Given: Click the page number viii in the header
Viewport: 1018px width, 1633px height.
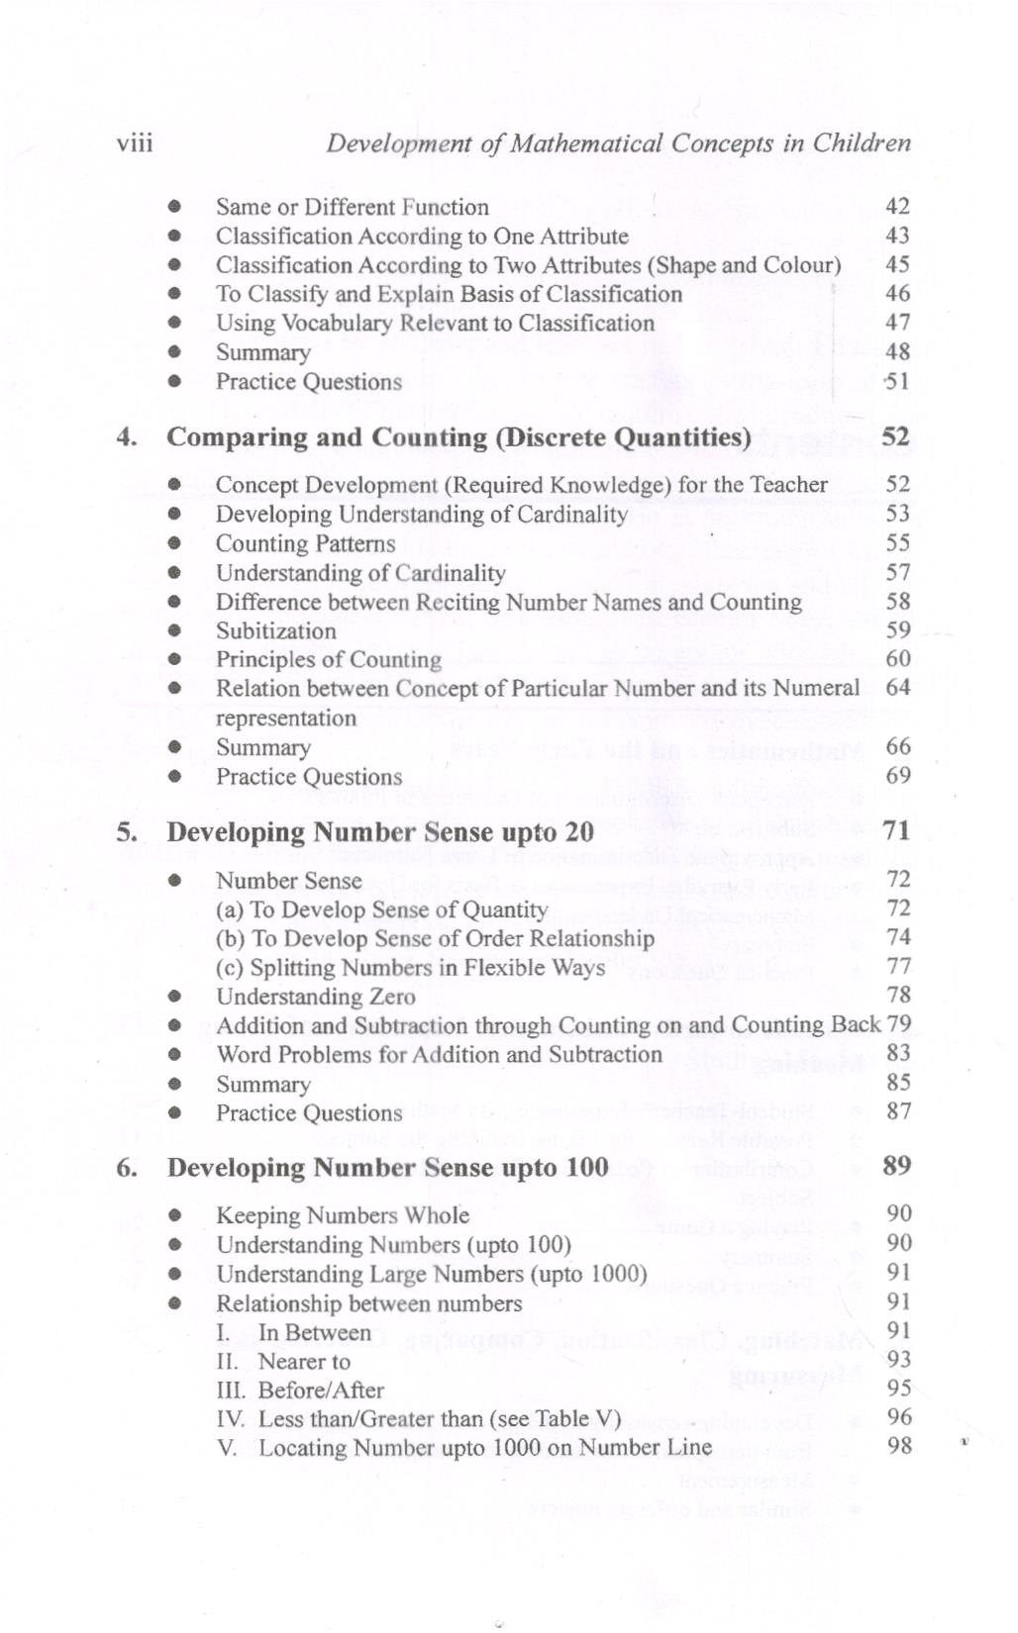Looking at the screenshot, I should tap(134, 144).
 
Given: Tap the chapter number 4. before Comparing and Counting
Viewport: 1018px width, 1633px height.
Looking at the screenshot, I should tap(126, 437).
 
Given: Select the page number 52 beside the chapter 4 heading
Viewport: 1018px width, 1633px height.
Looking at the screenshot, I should tap(895, 436).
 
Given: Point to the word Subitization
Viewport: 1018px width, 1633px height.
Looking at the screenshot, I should tap(275, 631).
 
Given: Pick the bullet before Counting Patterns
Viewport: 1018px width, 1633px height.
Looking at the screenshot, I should tap(174, 543).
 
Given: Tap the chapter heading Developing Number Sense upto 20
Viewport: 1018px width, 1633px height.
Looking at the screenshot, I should tap(379, 832).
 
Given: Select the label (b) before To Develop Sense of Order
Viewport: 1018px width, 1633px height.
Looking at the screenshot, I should tap(230, 938).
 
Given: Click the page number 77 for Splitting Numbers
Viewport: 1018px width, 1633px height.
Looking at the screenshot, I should tap(898, 966).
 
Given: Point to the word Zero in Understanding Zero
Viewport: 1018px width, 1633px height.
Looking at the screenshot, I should tap(391, 997).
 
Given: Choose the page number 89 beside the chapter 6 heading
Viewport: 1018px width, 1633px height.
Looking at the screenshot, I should tap(896, 1166).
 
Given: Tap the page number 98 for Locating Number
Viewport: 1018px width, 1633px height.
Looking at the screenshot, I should tap(899, 1446).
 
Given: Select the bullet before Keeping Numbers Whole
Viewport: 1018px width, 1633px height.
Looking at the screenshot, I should tap(174, 1215).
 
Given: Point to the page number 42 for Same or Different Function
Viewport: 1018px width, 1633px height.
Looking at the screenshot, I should tap(897, 207).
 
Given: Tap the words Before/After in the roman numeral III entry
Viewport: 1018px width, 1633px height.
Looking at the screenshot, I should tap(321, 1391).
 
